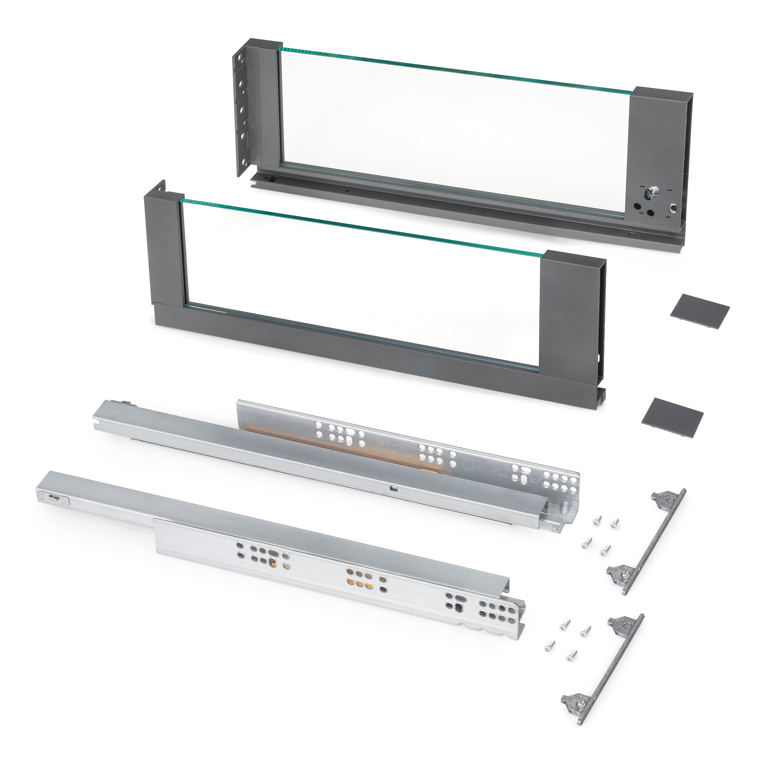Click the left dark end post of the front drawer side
point(162,251)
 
